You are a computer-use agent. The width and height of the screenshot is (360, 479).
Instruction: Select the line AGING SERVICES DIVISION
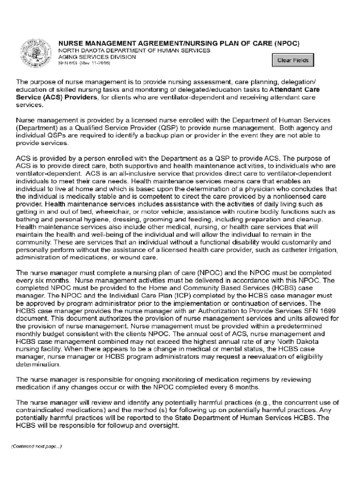(97, 57)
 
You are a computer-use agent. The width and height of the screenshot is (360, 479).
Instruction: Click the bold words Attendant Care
(295, 89)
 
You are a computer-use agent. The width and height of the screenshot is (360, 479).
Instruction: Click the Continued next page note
(37, 446)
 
